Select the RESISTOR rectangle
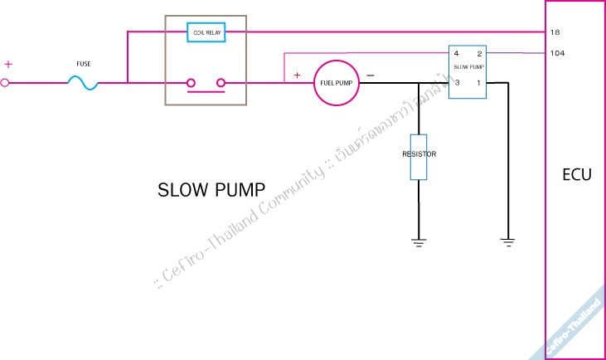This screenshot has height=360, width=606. coord(419,155)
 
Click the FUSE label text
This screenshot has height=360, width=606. coord(83,63)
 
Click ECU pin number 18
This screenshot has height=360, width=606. coord(555,32)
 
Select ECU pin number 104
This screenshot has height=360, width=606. coord(557,53)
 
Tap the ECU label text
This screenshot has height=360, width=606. coord(576,175)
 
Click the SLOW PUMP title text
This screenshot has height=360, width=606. coord(211,190)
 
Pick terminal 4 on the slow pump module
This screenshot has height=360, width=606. coord(456,53)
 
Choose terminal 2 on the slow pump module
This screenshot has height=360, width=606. coord(478,53)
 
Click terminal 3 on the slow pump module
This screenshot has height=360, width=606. coord(456,82)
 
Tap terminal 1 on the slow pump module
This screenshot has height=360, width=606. coord(478,82)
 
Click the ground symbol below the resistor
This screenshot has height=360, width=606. coord(419,242)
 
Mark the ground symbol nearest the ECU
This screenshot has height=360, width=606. coord(507,242)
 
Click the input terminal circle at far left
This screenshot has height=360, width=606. coord(4,82)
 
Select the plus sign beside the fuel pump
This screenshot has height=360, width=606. coord(297,75)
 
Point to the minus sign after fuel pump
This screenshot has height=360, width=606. coord(370,75)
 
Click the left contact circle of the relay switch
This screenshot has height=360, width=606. coord(191,82)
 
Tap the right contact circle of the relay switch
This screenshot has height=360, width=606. coord(221,82)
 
